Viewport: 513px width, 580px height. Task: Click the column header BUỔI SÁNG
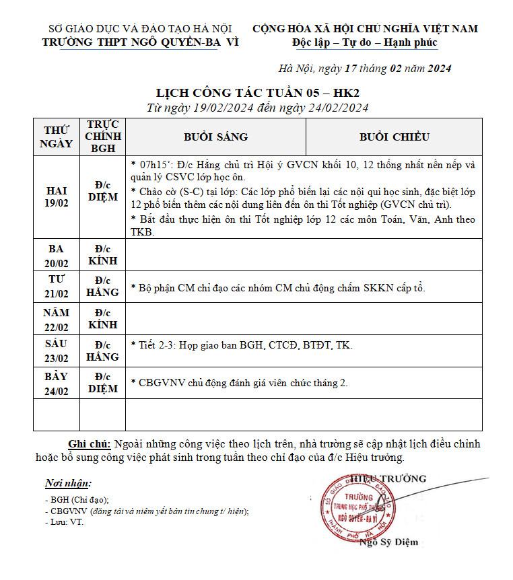point(215,137)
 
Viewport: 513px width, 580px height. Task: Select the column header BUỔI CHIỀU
point(394,137)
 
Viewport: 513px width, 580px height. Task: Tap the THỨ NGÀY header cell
point(57,137)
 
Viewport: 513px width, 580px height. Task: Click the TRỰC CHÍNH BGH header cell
point(102,137)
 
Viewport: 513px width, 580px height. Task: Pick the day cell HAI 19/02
point(57,196)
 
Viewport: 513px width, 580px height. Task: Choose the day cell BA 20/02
point(57,255)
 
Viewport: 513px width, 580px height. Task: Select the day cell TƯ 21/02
point(57,287)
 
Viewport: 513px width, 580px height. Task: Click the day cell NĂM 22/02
point(57,319)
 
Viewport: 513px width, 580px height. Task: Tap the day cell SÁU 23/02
point(57,351)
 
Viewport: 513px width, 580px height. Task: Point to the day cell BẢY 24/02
point(57,383)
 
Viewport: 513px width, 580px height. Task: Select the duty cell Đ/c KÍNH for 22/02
point(102,319)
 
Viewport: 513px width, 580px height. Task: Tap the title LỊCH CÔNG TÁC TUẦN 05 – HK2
point(258,93)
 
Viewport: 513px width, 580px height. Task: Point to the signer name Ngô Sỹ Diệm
point(389,542)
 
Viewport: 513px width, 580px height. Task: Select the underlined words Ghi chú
point(90,444)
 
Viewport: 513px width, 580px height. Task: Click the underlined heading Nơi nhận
point(68,483)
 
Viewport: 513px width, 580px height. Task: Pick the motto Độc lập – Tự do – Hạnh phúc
point(365,42)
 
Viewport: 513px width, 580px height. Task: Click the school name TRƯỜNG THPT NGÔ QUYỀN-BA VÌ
point(140,42)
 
